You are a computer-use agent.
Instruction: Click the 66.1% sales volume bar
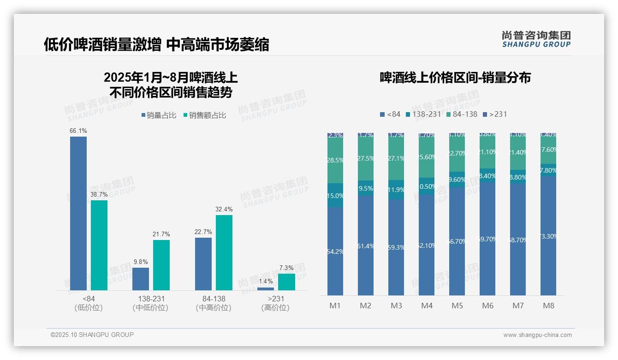[x=78, y=213]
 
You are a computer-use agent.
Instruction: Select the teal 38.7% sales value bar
[x=99, y=245]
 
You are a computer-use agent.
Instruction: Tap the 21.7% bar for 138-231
[x=161, y=265]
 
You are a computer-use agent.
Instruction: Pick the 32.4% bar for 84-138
[x=224, y=252]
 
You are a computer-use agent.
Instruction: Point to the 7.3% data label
[x=286, y=268]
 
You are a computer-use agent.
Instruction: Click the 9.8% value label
[x=141, y=262]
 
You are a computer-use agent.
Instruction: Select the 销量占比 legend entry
[x=159, y=115]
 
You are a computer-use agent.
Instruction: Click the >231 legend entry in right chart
[x=494, y=114]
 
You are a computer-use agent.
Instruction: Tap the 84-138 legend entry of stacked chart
[x=461, y=114]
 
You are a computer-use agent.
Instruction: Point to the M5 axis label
[x=457, y=306]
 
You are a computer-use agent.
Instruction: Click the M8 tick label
[x=548, y=306]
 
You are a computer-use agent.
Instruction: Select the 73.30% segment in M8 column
[x=548, y=236]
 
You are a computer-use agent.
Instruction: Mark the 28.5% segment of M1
[x=335, y=160]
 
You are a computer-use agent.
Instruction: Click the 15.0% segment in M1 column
[x=335, y=195]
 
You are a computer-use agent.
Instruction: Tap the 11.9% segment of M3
[x=396, y=190]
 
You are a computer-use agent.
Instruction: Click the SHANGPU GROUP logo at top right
[x=536, y=39]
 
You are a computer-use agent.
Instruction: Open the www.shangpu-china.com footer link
[x=537, y=335]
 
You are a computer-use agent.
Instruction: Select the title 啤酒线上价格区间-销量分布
[x=455, y=78]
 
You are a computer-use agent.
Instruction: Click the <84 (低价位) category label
[x=88, y=303]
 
